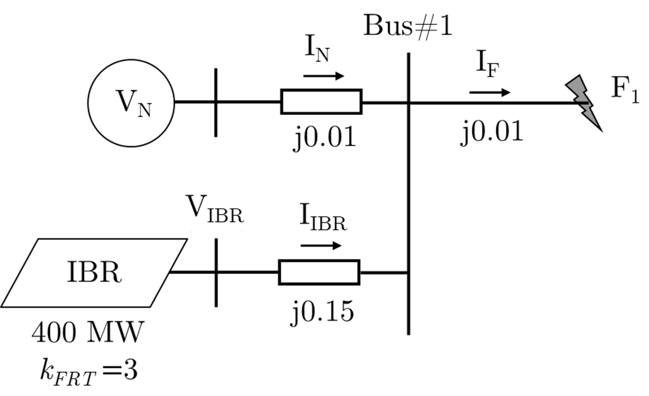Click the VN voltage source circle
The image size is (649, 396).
coord(131,103)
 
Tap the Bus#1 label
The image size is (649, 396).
coord(407,26)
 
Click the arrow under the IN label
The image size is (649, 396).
coord(323,76)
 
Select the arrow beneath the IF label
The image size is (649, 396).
coord(489,93)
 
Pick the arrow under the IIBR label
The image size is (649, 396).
coord(321,246)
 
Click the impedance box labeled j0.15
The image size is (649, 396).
coord(319,272)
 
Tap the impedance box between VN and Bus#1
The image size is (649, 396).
coord(321,102)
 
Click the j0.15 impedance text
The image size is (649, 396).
coord(322,312)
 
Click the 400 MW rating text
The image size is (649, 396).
coord(88,333)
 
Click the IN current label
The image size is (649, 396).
coord(317,49)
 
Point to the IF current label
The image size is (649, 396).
coord(488,64)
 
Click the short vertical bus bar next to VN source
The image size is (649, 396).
coord(216,103)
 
